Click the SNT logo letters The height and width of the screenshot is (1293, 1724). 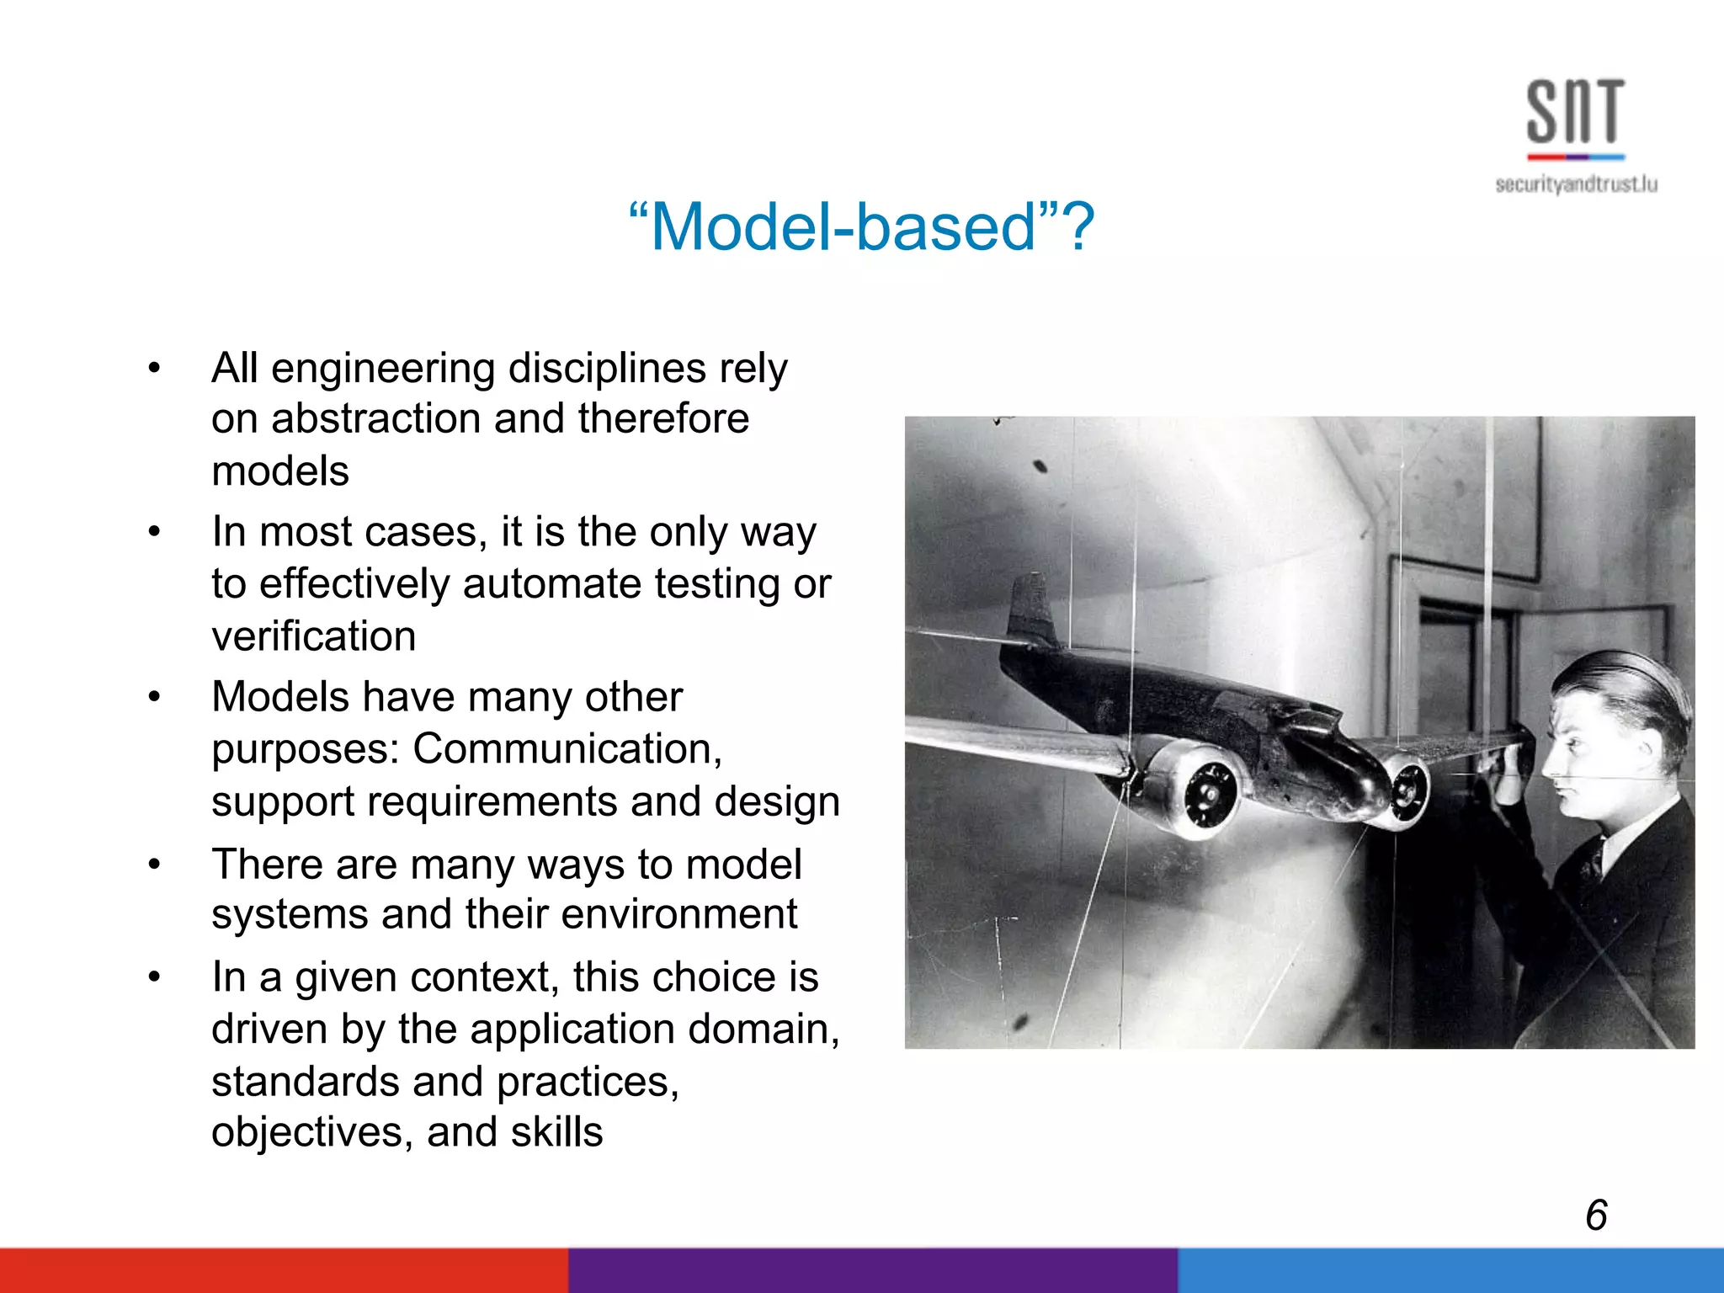(1575, 111)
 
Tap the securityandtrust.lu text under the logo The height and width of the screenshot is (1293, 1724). (1576, 184)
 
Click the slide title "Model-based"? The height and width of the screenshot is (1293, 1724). (861, 227)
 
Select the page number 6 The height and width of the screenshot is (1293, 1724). (1596, 1216)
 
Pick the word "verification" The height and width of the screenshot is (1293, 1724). (313, 636)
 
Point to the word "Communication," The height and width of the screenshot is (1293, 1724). (567, 748)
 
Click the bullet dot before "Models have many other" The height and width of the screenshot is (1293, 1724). (153, 697)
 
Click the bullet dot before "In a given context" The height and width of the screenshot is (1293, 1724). (153, 977)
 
